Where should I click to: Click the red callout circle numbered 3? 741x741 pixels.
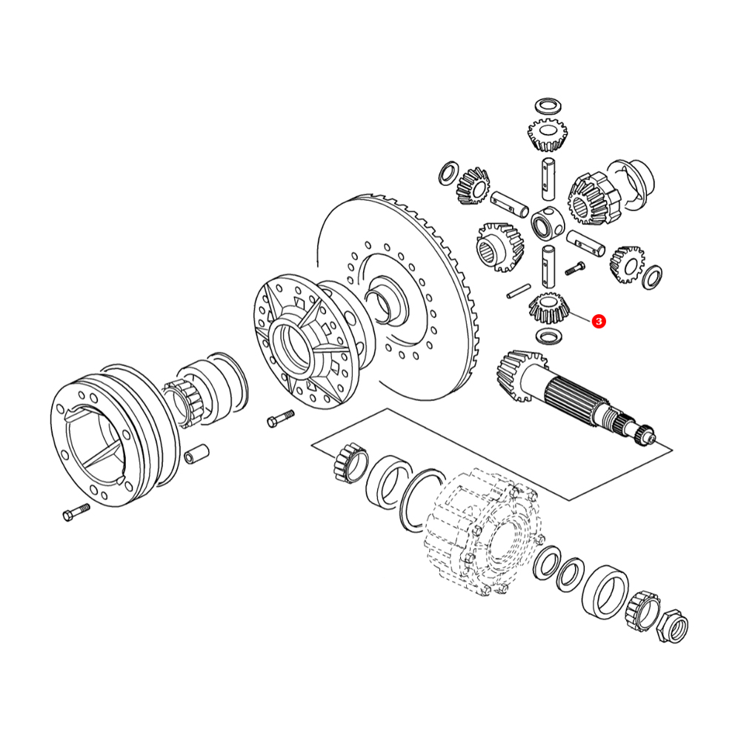[x=599, y=322]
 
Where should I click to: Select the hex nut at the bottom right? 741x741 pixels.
[x=673, y=627]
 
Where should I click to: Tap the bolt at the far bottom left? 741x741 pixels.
[x=76, y=512]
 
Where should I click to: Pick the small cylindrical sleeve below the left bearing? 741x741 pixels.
[x=196, y=453]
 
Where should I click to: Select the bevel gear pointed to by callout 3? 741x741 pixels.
[x=548, y=308]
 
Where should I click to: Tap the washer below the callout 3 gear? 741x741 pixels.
[x=549, y=336]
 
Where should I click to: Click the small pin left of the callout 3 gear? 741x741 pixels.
[x=519, y=291]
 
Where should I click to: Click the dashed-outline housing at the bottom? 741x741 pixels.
[x=483, y=531]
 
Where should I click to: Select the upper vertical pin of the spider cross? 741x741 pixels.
[x=548, y=178]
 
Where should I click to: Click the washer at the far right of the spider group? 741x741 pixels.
[x=653, y=276]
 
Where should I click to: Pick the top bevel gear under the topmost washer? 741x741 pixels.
[x=548, y=135]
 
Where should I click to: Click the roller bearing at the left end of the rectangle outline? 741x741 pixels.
[x=350, y=462]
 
